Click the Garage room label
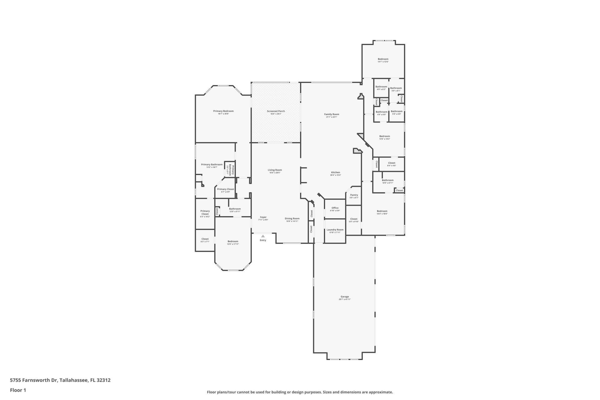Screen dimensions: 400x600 pyautogui.click(x=345, y=297)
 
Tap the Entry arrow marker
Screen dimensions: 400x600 pyautogui.click(x=263, y=236)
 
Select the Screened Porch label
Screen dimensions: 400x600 pyautogui.click(x=276, y=111)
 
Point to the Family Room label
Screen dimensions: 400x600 pyautogui.click(x=332, y=114)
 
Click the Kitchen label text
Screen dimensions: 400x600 pyautogui.click(x=336, y=172)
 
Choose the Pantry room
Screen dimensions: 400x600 pyautogui.click(x=354, y=196)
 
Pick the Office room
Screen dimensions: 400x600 pyautogui.click(x=335, y=209)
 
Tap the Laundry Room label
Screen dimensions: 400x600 pyautogui.click(x=335, y=230)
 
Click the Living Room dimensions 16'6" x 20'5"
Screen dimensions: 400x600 pyautogui.click(x=275, y=173)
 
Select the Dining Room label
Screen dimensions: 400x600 pyautogui.click(x=292, y=219)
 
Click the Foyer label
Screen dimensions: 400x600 pyautogui.click(x=263, y=217)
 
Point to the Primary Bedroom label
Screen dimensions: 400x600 pyautogui.click(x=223, y=111)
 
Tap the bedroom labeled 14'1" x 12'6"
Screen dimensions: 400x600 pyautogui.click(x=383, y=60)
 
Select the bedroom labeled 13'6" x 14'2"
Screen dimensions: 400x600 pyautogui.click(x=385, y=137)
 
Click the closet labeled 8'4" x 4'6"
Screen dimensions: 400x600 pyautogui.click(x=392, y=164)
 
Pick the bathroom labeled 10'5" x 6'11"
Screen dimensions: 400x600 pyautogui.click(x=387, y=181)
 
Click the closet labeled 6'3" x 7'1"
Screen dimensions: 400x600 pyautogui.click(x=205, y=240)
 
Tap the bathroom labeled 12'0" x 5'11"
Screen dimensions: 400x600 pyautogui.click(x=235, y=210)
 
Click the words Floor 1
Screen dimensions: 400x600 pyautogui.click(x=18, y=390)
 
